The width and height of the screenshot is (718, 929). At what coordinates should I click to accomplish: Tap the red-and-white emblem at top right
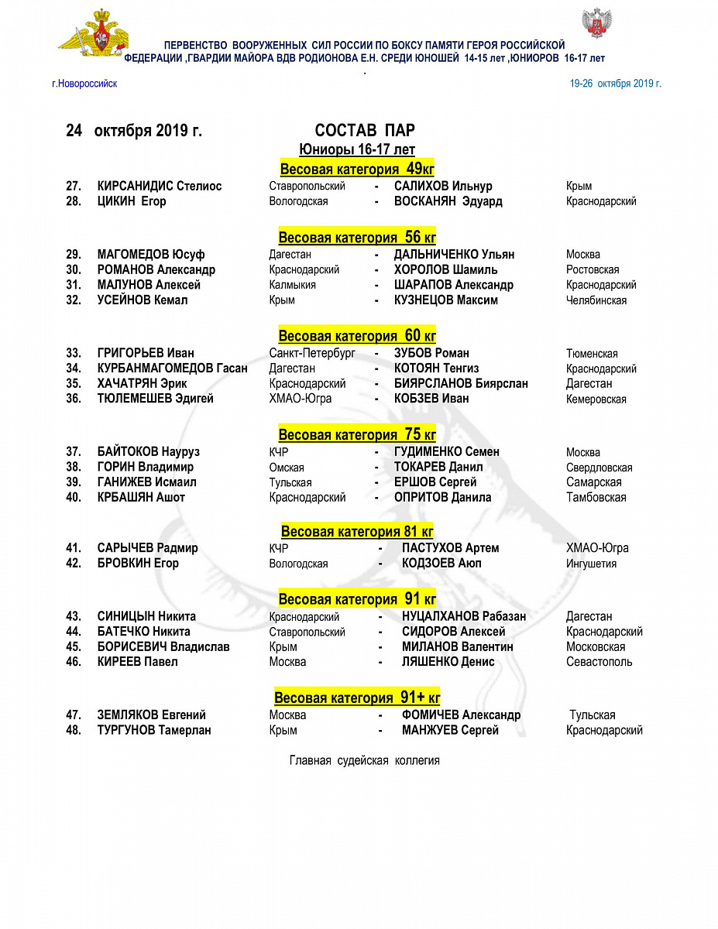tap(596, 26)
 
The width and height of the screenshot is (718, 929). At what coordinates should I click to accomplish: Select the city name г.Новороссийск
tap(84, 84)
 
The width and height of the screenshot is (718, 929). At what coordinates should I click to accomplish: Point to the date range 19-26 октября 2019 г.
tap(615, 84)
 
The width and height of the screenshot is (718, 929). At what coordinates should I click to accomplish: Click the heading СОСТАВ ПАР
tap(365, 131)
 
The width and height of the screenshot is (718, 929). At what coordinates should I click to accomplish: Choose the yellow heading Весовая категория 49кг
tap(357, 170)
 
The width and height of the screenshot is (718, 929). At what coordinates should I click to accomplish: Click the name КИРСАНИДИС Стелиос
tap(160, 187)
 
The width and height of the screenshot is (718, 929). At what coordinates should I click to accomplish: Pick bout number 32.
tap(74, 300)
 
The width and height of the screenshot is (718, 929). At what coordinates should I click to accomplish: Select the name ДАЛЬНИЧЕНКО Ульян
tap(454, 255)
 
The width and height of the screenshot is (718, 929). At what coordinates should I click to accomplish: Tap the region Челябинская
tap(596, 300)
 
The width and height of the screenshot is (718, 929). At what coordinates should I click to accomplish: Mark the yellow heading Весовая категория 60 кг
tap(357, 336)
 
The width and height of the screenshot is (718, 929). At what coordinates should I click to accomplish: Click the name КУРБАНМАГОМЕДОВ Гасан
tap(172, 369)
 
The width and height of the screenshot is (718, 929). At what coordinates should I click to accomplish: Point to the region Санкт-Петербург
tap(312, 354)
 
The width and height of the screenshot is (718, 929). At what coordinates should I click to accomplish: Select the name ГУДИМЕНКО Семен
tap(446, 452)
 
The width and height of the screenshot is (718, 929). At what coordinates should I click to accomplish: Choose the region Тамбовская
tap(596, 498)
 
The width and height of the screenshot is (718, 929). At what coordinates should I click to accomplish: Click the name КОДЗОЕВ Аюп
tap(441, 564)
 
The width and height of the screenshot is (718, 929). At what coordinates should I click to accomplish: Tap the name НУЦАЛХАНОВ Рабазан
tap(463, 617)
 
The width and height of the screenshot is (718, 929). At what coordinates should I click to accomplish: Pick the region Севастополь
tap(599, 662)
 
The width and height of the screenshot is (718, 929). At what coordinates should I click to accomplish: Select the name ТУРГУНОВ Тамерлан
tap(154, 730)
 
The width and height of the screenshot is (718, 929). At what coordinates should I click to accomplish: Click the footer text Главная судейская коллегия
tap(364, 761)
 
